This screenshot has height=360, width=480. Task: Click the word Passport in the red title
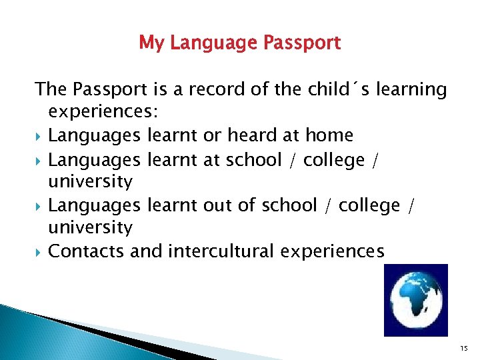(x=303, y=43)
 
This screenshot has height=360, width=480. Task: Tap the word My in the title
(x=151, y=44)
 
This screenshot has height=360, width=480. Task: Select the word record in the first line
(x=220, y=89)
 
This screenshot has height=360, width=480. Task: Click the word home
(x=329, y=135)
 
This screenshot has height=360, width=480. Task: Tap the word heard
(x=253, y=135)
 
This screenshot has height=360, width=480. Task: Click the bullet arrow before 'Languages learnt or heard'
(x=39, y=136)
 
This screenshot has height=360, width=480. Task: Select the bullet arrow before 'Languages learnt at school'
(x=39, y=160)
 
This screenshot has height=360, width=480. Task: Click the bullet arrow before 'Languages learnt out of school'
(x=39, y=205)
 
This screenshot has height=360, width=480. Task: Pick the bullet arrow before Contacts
(x=39, y=251)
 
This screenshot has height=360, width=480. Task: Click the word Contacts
(x=87, y=251)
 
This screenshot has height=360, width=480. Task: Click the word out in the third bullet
(x=217, y=205)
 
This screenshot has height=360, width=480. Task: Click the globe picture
(x=416, y=300)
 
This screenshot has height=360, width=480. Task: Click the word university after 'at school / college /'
(x=91, y=181)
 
